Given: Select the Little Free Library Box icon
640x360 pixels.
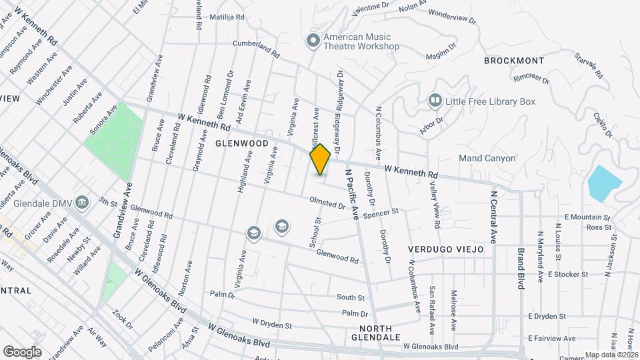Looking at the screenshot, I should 435,101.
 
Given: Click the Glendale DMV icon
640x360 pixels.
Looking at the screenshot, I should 82,201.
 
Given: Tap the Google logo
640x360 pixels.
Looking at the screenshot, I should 22,351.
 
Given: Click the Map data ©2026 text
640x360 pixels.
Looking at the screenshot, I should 610,355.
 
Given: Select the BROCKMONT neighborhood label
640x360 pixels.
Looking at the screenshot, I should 514,61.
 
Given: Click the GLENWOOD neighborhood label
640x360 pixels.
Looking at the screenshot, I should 241,143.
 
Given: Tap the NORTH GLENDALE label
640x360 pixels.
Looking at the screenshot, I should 379,333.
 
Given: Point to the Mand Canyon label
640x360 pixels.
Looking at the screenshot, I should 487,159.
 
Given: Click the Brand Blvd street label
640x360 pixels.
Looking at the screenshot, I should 521,268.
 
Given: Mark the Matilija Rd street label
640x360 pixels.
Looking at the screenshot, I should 227,17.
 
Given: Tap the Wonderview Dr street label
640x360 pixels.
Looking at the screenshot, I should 453,16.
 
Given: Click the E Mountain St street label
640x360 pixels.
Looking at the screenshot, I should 587,217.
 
